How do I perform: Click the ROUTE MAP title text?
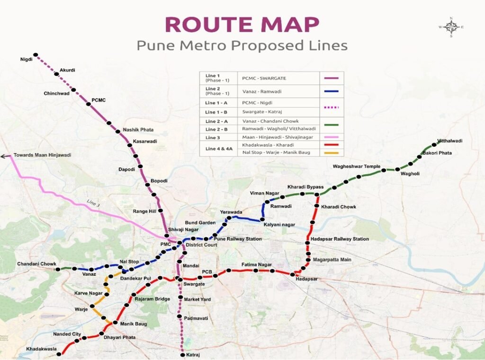point(242,25)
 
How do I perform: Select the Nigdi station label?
point(26,60)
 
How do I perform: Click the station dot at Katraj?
point(182,354)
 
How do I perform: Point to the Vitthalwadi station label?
point(449,141)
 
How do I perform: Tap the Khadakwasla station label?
point(41,349)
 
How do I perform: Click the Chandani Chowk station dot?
point(57,269)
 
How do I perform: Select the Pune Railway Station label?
point(237,239)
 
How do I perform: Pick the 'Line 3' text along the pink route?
point(93,202)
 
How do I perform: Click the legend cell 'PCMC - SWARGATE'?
point(264,78)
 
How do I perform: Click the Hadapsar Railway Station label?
point(339,239)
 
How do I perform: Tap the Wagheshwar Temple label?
point(357,167)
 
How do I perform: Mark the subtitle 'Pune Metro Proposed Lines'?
point(242,46)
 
